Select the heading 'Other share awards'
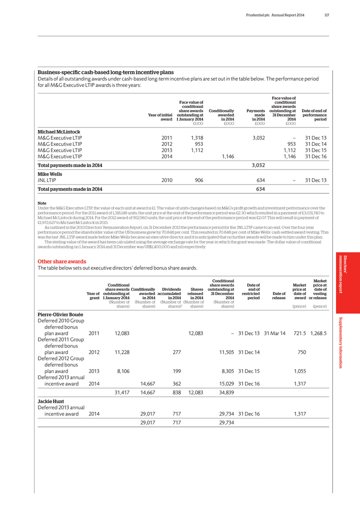click(62, 261)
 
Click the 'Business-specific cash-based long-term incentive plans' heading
click(106, 72)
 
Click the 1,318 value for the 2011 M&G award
click(196, 138)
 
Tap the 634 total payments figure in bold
click(260, 189)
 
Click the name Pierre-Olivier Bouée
click(64, 314)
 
